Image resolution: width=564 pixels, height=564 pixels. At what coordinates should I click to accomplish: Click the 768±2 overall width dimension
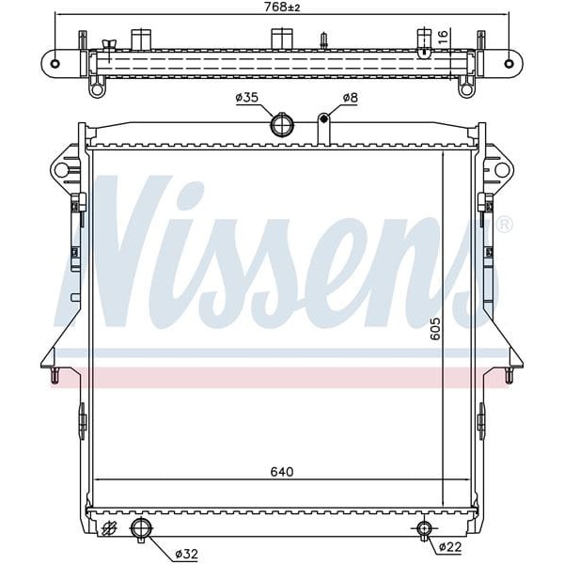coord(281,7)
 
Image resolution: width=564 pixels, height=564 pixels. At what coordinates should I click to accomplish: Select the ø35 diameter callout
coord(247,97)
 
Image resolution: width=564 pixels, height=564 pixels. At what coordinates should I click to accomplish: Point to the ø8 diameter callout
coord(350,97)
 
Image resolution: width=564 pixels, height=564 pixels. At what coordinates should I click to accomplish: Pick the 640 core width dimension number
coord(281,472)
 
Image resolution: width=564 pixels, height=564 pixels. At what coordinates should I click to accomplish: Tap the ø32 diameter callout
coord(187,554)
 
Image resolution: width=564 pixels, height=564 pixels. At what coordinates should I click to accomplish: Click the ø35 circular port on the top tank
coord(281,124)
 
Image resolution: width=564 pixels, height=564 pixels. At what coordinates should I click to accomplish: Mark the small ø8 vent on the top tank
coord(323,118)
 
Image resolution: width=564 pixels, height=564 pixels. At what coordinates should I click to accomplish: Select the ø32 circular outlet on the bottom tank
coord(142,528)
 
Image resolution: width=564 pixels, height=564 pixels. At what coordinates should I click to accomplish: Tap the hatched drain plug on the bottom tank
coord(109,529)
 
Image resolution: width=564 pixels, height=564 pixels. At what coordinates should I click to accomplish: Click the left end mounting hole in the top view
coord(55,64)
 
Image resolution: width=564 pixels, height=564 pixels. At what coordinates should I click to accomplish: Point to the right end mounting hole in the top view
coord(509,64)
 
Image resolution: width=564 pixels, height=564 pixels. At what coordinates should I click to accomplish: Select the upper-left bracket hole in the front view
coord(62,170)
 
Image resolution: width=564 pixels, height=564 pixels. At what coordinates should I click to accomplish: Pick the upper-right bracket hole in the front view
coord(502,170)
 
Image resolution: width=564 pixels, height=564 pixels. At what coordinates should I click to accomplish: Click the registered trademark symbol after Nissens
coord(505,225)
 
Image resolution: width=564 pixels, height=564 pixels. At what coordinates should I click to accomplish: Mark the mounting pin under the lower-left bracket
coord(55,376)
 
